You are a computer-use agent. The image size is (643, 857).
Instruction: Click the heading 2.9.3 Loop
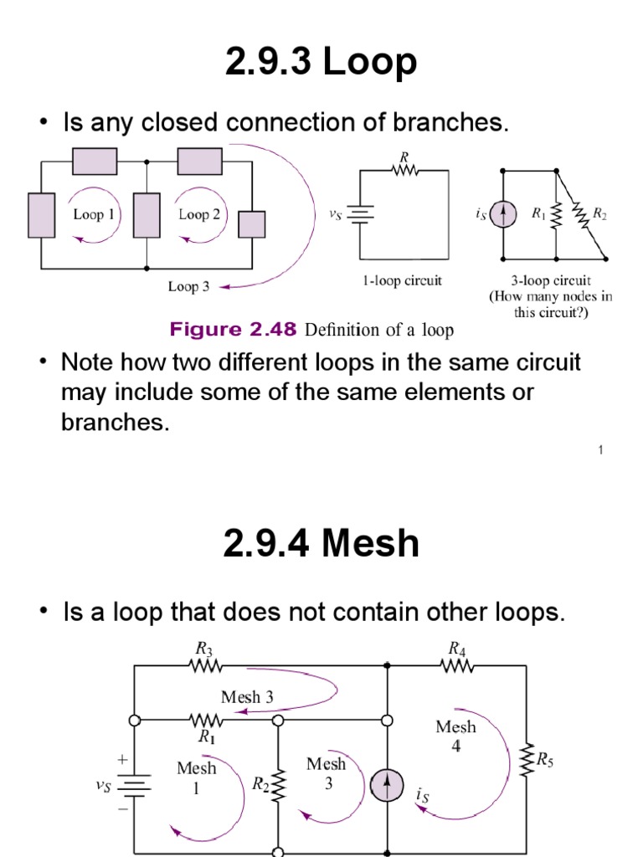point(321,64)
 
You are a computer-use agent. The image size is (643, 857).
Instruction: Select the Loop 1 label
point(94,214)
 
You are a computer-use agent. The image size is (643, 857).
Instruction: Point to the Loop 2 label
point(199,214)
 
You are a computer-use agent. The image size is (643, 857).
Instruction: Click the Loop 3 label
point(189,286)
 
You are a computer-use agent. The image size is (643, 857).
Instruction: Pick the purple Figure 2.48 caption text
point(233,330)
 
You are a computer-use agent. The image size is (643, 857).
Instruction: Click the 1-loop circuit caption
point(402,281)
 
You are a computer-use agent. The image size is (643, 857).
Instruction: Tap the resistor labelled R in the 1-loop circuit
point(405,170)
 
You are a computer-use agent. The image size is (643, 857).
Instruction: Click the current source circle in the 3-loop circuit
point(502,215)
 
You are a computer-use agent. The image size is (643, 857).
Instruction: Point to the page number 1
point(600,451)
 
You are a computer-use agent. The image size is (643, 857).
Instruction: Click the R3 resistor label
point(204,648)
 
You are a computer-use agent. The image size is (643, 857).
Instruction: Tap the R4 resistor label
point(456,648)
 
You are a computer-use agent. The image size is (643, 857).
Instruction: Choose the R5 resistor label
point(543,760)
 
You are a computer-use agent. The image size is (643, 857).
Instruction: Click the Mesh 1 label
point(197,777)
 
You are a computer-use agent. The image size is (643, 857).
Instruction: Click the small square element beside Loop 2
point(251,224)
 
